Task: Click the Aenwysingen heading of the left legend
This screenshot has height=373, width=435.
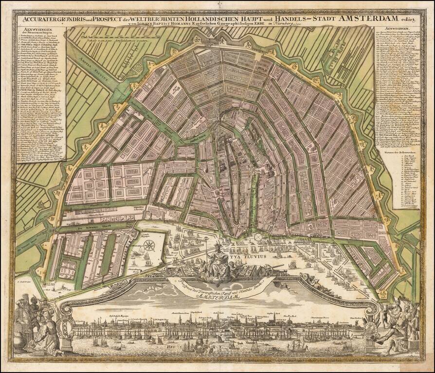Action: [29, 32]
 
